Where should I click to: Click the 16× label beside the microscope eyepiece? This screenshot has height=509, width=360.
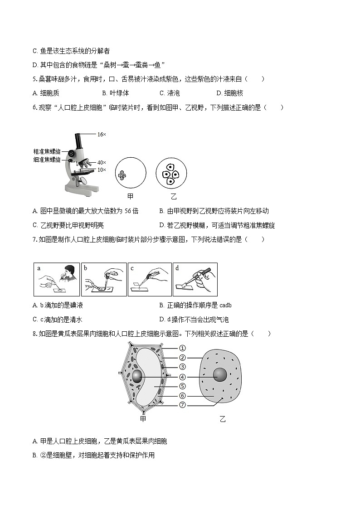pos(101,134)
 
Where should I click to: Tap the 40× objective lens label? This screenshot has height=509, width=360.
pos(101,162)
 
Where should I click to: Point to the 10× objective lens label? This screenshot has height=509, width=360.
pos(101,170)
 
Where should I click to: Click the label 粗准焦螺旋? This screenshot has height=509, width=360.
pos(47,151)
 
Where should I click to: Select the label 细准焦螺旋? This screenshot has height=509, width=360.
pos(47,160)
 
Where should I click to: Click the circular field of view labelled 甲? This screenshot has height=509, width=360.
pos(131,174)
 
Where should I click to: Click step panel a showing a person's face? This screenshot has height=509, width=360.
pos(57,279)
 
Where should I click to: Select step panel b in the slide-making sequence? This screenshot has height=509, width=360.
pos(104,279)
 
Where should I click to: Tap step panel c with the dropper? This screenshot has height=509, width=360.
pos(150,279)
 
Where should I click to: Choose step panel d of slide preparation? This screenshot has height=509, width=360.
pos(195,279)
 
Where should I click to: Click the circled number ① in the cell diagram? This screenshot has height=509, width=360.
pos(182,348)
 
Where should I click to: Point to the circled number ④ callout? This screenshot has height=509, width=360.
pos(182,377)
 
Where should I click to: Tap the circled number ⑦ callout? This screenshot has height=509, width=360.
pos(182,405)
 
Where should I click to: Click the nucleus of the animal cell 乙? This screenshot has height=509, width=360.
pos(220,375)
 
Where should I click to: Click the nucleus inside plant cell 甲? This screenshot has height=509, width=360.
pos(138,376)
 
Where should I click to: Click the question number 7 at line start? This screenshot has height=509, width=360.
pos(34,239)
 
